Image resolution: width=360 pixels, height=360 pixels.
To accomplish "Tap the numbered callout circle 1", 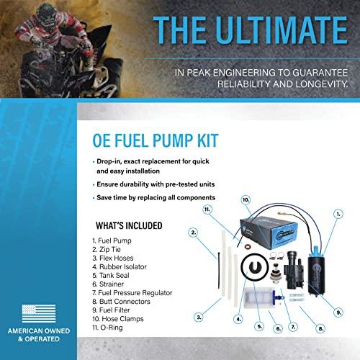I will (338, 213).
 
